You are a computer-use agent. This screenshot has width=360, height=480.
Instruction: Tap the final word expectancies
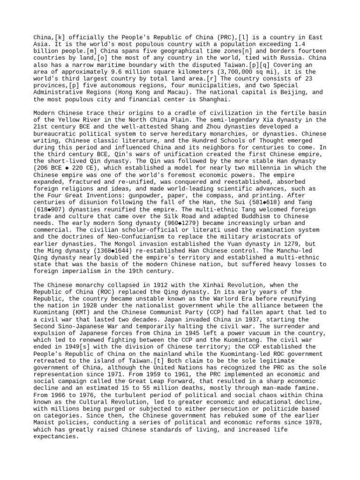tap(56, 436)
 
